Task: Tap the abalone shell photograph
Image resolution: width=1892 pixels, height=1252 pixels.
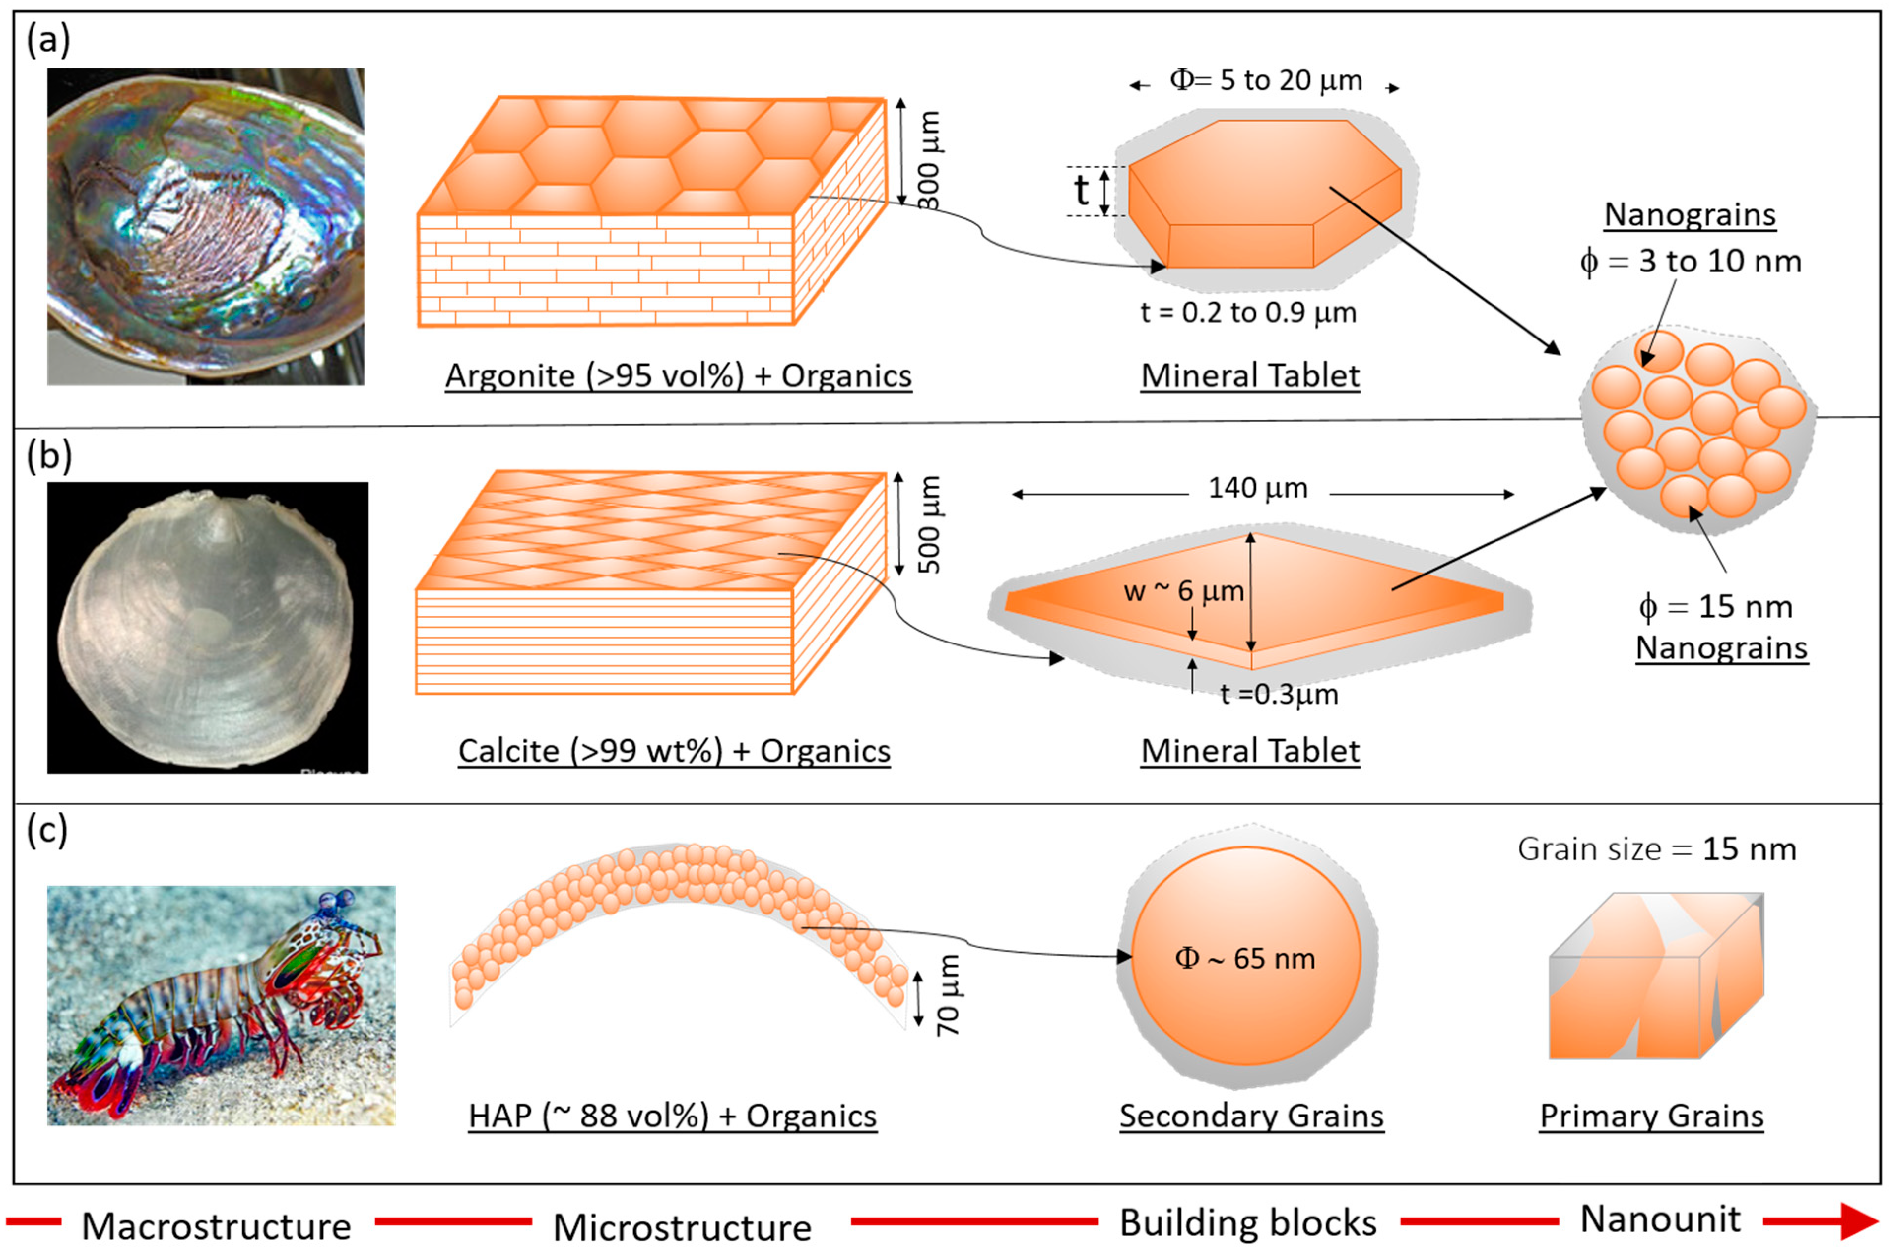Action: (205, 226)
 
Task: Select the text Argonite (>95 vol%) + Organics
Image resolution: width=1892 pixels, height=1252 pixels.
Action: (678, 376)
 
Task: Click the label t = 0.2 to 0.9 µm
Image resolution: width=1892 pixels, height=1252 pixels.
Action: (1248, 313)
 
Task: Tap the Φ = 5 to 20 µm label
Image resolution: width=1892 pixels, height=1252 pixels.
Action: (1265, 81)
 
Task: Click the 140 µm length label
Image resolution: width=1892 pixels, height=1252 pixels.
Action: (1258, 488)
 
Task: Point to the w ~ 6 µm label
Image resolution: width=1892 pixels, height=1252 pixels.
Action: (1183, 592)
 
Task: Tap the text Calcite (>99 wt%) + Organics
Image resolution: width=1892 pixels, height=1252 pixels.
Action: (674, 751)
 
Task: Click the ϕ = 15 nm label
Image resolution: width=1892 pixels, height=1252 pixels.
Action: (1715, 608)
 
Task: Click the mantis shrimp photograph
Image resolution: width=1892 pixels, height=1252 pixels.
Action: (221, 1005)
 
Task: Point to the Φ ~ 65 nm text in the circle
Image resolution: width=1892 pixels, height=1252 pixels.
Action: (1245, 958)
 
